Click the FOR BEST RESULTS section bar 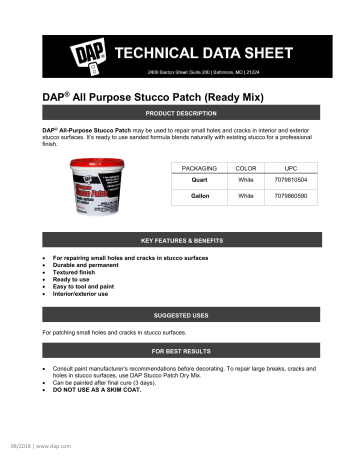pyautogui.click(x=179, y=353)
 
